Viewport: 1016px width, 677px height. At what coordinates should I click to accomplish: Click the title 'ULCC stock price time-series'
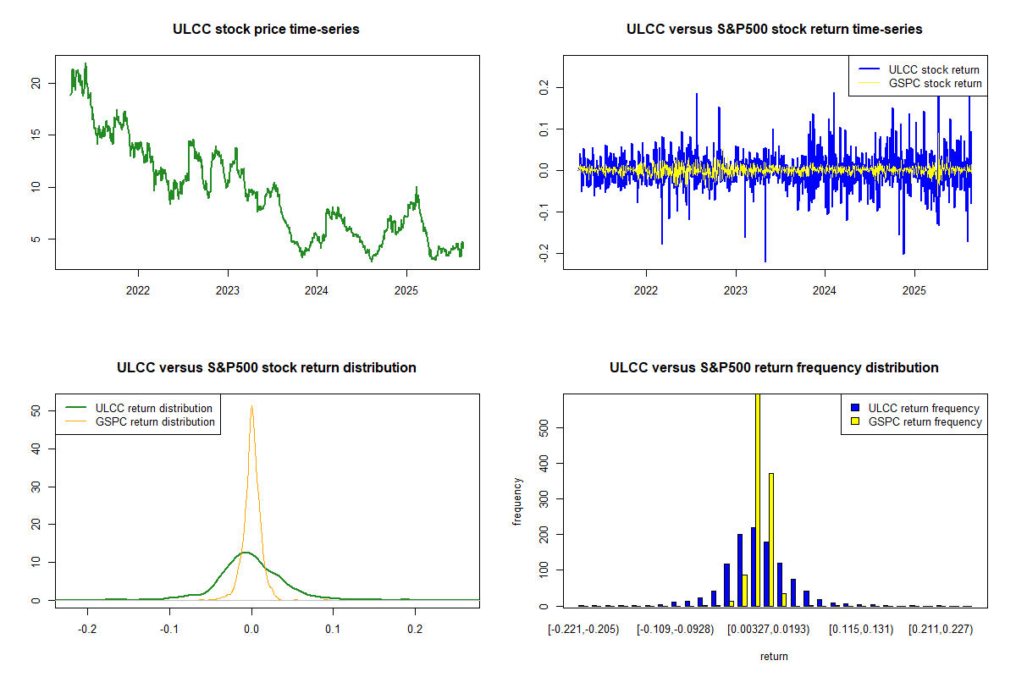[x=266, y=30]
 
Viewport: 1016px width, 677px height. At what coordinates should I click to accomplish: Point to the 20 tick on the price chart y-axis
[x=35, y=83]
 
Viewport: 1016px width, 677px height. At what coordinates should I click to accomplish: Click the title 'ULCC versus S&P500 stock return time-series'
[x=774, y=30]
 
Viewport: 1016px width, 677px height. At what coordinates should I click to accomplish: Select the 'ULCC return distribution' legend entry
[x=153, y=408]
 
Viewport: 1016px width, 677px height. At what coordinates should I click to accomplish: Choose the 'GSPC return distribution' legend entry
[x=155, y=421]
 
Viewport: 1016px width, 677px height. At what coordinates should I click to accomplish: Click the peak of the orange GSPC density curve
[x=251, y=406]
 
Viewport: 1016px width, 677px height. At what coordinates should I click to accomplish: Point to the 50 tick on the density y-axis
[x=35, y=410]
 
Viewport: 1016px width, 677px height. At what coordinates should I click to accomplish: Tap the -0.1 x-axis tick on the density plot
[x=169, y=629]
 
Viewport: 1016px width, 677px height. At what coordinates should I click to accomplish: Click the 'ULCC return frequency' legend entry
[x=924, y=408]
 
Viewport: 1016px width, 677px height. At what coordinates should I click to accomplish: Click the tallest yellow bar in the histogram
[x=757, y=499]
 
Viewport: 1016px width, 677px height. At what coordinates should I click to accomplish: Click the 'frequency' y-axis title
[x=517, y=501]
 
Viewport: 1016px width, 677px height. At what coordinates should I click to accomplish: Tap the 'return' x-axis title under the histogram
[x=774, y=656]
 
